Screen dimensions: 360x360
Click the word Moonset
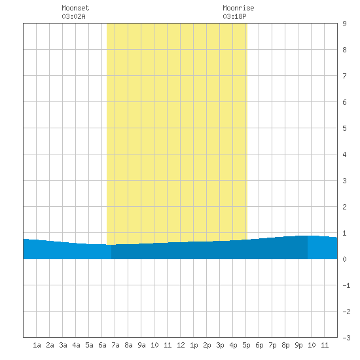coord(75,8)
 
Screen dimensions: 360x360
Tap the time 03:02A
coord(73,16)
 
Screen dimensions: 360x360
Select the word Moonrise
coord(238,8)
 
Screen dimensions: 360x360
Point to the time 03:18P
coord(234,16)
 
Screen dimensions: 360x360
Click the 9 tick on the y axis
coord(344,24)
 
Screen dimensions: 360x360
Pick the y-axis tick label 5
coord(344,128)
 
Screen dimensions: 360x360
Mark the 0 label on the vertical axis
coord(344,259)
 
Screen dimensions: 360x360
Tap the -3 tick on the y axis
coord(346,338)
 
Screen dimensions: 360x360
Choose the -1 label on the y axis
coord(346,285)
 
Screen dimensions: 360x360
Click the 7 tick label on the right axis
coord(344,76)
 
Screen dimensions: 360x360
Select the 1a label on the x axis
coord(37,345)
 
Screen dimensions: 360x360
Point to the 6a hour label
coord(102,345)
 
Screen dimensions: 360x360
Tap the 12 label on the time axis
coord(181,345)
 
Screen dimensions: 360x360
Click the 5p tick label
coord(246,345)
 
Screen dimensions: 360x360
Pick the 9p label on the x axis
coord(298,345)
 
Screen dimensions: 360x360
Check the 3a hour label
coord(63,345)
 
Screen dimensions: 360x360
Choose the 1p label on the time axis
coord(194,345)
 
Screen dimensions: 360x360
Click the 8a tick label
coord(128,345)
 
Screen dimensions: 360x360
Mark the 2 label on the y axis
coord(344,207)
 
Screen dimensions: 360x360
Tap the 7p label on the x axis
coord(272,345)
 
